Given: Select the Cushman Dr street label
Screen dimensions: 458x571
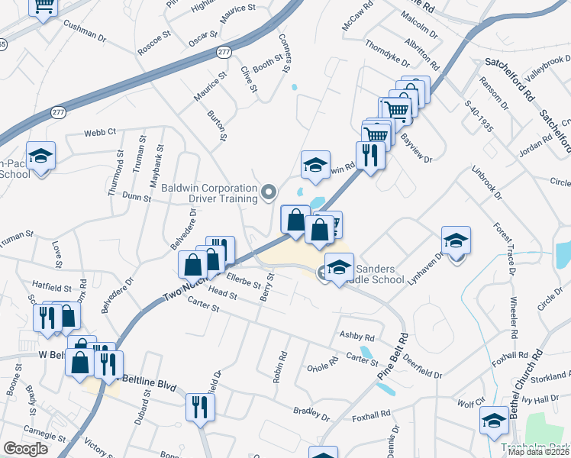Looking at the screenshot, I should click(85, 33).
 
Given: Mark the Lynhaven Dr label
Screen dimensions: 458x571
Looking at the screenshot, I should click(425, 269).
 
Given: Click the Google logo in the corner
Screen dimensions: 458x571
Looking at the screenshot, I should click(25, 449).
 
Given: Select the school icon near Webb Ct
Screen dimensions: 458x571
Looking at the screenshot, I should click(41, 156).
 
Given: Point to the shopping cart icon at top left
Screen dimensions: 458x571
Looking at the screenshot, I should click(44, 6).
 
